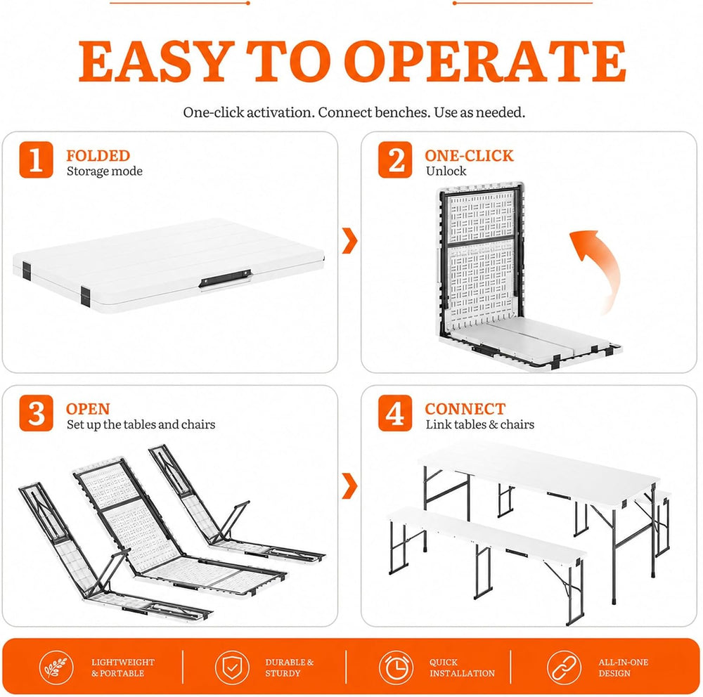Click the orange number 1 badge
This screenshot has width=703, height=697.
point(36,159)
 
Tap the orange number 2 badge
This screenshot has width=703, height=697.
point(395,159)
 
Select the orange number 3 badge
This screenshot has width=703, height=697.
point(36,413)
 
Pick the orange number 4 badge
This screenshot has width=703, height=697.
point(395,413)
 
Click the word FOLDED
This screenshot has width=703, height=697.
point(98,155)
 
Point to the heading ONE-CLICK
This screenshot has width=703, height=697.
point(469,155)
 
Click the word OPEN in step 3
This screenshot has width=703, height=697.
point(88,409)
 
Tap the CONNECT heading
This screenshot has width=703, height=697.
point(465,409)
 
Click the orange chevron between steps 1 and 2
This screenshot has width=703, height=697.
point(349,241)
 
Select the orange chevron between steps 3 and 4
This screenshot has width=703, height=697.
point(349,486)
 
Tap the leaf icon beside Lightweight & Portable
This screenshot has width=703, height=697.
point(56,667)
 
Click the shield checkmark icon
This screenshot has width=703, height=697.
point(232,667)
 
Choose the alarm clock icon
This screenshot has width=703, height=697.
point(396,667)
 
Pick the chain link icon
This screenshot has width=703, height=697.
point(564,667)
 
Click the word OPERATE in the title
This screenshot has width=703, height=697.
point(484,61)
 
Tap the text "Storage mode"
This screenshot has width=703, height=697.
point(105,171)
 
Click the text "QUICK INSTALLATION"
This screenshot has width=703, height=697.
point(463,667)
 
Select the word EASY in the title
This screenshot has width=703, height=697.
point(157,61)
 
